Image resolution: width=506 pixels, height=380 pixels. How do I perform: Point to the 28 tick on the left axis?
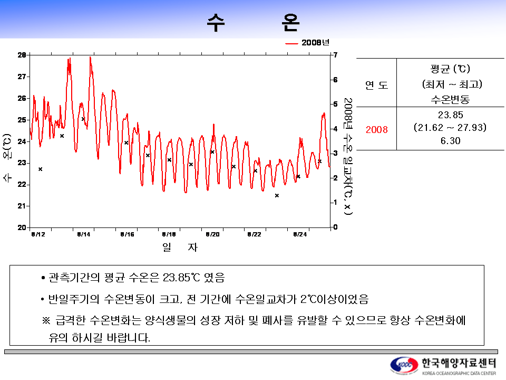[22, 55]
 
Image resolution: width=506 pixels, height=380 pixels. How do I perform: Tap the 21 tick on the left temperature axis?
[22, 206]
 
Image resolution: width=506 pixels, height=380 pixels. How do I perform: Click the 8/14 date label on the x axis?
[83, 234]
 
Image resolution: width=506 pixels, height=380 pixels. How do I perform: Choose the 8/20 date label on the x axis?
[212, 234]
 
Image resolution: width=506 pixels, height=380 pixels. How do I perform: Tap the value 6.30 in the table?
[450, 141]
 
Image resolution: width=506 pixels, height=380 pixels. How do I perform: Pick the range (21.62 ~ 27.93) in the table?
[450, 128]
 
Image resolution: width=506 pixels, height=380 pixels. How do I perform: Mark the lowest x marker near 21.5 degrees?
[277, 195]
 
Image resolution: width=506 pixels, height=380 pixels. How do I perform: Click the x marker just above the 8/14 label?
[83, 119]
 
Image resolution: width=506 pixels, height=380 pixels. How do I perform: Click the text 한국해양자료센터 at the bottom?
[459, 363]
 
